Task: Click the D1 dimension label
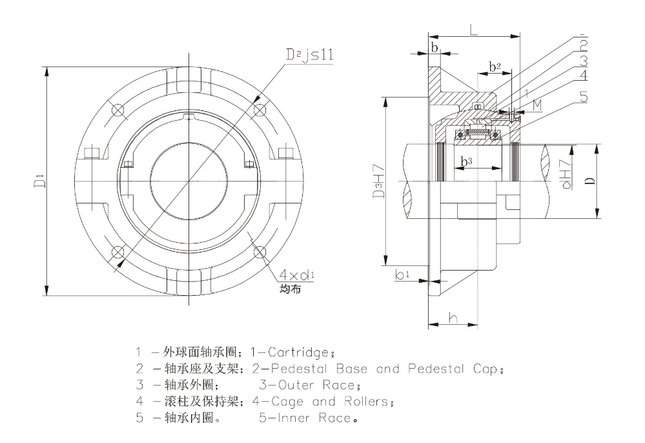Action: click(39, 181)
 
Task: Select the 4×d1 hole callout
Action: click(296, 274)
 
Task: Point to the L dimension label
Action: click(475, 30)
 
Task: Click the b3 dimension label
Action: click(466, 161)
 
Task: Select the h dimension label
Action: click(453, 318)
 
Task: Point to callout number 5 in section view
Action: click(583, 98)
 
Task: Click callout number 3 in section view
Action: click(583, 61)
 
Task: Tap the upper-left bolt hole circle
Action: click(117, 110)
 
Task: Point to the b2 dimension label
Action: click(495, 66)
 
